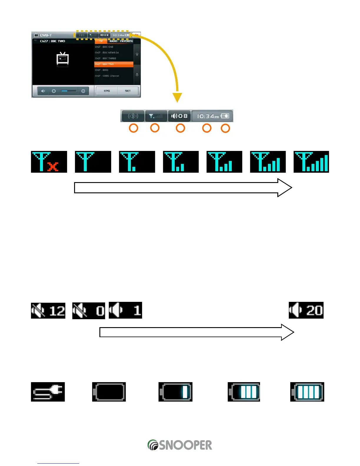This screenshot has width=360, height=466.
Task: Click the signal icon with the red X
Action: [x=49, y=162]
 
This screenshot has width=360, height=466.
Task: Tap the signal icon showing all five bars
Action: [x=311, y=162]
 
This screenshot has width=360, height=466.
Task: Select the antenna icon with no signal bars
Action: [x=93, y=162]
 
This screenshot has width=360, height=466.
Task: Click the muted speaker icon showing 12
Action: [x=48, y=311]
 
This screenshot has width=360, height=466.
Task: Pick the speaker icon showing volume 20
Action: [x=306, y=310]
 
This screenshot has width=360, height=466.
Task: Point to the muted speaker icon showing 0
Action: [x=89, y=311]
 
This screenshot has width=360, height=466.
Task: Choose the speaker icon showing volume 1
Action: [x=125, y=310]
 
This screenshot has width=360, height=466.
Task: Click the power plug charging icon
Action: [x=48, y=392]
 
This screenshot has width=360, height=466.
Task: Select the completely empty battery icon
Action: [x=109, y=392]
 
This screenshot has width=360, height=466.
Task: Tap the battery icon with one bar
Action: [x=175, y=392]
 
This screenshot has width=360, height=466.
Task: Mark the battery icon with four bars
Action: [x=307, y=392]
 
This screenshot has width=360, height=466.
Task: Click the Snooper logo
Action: [x=180, y=445]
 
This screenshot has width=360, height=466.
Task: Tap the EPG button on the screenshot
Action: [x=107, y=91]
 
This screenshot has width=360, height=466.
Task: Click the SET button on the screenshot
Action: [x=128, y=91]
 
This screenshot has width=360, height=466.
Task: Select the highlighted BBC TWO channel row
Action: [x=114, y=64]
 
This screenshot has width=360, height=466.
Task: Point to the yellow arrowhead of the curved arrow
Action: [x=177, y=97]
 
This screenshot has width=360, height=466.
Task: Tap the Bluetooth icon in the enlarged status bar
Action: [x=133, y=116]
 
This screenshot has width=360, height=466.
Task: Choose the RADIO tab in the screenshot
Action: [x=114, y=41]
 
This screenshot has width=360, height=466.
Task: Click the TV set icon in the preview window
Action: [x=62, y=59]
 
